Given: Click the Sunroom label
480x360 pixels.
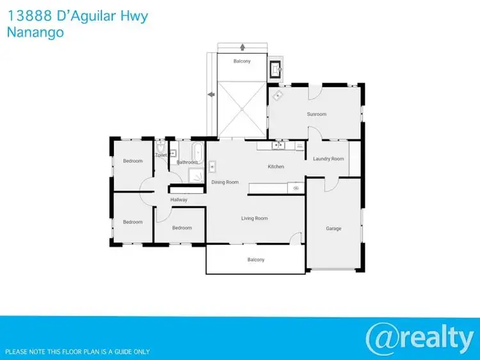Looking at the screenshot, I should (x=317, y=114).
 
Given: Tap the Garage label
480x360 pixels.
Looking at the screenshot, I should (x=333, y=228).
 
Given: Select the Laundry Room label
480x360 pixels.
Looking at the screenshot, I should (x=328, y=159).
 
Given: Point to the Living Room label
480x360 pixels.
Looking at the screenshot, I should (x=254, y=219).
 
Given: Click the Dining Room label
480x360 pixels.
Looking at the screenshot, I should (x=225, y=182).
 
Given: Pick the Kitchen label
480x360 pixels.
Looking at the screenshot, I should (x=276, y=167).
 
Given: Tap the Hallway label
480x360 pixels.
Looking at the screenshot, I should (x=179, y=200).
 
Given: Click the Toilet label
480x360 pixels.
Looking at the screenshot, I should (x=161, y=155).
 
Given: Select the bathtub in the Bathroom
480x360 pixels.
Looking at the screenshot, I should (x=198, y=152).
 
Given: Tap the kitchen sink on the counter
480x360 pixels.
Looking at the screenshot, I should (x=278, y=146).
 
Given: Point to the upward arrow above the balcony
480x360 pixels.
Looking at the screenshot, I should (x=243, y=47).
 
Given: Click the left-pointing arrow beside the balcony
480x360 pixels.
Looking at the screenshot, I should (x=211, y=95).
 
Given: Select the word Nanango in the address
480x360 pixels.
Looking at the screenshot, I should (x=35, y=32).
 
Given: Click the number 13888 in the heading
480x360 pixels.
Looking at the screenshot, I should (x=26, y=15).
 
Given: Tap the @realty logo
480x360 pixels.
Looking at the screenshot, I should (x=419, y=338).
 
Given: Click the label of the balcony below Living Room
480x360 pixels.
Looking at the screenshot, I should (x=256, y=260).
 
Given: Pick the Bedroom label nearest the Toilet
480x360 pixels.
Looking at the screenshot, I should (x=133, y=161).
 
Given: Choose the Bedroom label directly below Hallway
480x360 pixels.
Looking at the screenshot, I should (x=182, y=228).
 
